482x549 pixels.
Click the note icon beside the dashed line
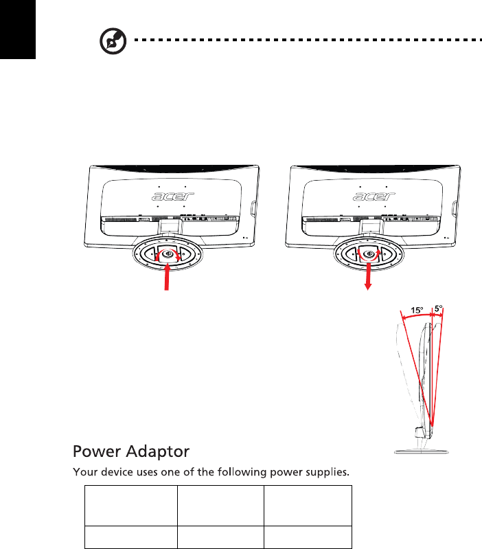click(108, 43)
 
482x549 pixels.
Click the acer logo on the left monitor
click(172, 197)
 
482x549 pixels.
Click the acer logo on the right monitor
click(374, 197)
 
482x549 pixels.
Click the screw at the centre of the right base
click(369, 252)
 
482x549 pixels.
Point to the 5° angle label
click(439, 309)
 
